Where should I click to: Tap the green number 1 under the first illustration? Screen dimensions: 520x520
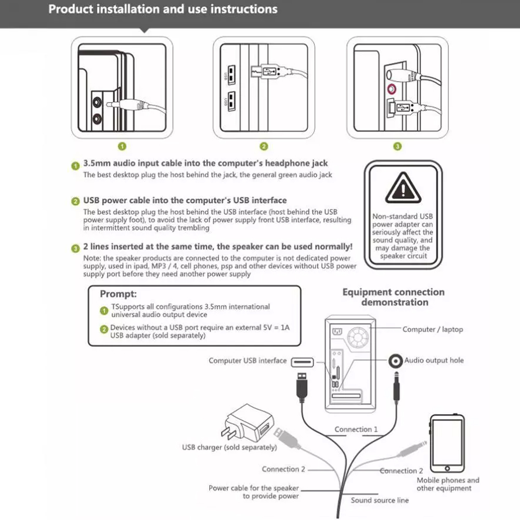(x=122, y=147)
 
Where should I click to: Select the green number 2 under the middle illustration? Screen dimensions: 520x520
(x=264, y=147)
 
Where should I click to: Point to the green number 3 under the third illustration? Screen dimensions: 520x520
(x=398, y=147)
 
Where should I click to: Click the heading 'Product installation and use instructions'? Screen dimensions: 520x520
(x=163, y=9)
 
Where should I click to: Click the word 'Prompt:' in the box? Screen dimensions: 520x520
(x=118, y=294)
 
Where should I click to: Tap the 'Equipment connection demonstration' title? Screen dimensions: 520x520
(x=394, y=297)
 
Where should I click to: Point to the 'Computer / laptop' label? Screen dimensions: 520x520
(x=433, y=329)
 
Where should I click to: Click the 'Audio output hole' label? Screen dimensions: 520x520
(x=434, y=360)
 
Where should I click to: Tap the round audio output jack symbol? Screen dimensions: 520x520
(x=397, y=360)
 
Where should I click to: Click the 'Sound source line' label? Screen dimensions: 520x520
(x=380, y=500)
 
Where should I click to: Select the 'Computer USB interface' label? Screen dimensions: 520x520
(x=248, y=360)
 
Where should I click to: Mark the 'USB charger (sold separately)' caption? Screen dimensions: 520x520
(x=229, y=447)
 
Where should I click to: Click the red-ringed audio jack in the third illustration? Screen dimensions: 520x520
(x=390, y=88)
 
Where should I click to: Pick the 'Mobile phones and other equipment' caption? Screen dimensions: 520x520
(x=448, y=484)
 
